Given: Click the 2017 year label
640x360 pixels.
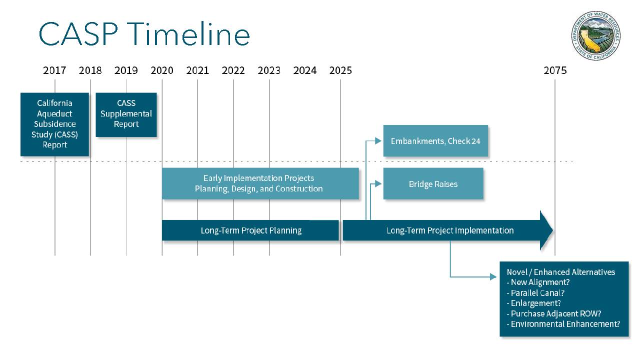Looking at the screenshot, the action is [54, 70].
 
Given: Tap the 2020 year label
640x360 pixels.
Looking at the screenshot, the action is [162, 70].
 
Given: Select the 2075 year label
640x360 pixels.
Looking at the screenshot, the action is [555, 70].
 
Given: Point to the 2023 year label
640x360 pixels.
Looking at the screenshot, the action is [269, 70].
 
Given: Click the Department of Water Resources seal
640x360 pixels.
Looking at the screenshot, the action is [595, 35].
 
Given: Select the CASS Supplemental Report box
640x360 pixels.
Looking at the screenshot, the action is [126, 115].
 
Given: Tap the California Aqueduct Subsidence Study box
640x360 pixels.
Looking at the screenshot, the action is [54, 124].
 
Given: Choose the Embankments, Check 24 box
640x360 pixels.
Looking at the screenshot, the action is [435, 141].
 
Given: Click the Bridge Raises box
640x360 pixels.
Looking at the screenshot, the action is [433, 183].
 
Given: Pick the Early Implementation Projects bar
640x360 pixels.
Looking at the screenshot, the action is [260, 183].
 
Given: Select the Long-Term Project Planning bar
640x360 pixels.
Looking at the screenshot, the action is [250, 230].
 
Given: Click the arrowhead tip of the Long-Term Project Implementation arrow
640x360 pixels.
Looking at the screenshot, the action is [553, 230].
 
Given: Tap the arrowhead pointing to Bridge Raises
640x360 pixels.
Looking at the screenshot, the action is [378, 183].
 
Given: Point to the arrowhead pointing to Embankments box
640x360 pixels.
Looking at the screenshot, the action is [378, 140].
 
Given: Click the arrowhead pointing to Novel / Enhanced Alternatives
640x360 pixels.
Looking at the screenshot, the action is [493, 276].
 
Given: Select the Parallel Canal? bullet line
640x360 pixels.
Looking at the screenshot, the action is [535, 293].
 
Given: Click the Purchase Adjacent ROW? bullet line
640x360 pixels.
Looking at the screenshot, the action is [553, 313].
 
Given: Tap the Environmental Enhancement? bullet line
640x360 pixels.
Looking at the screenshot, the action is [563, 324].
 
